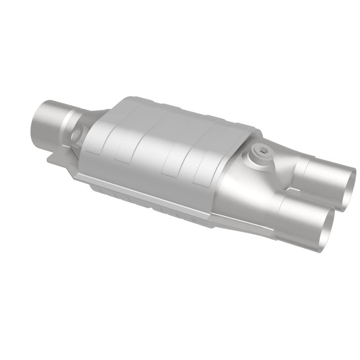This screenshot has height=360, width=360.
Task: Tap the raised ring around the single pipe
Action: pyautogui.click(x=68, y=118)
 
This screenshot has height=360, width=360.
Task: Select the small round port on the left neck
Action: pyautogui.click(x=77, y=133)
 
